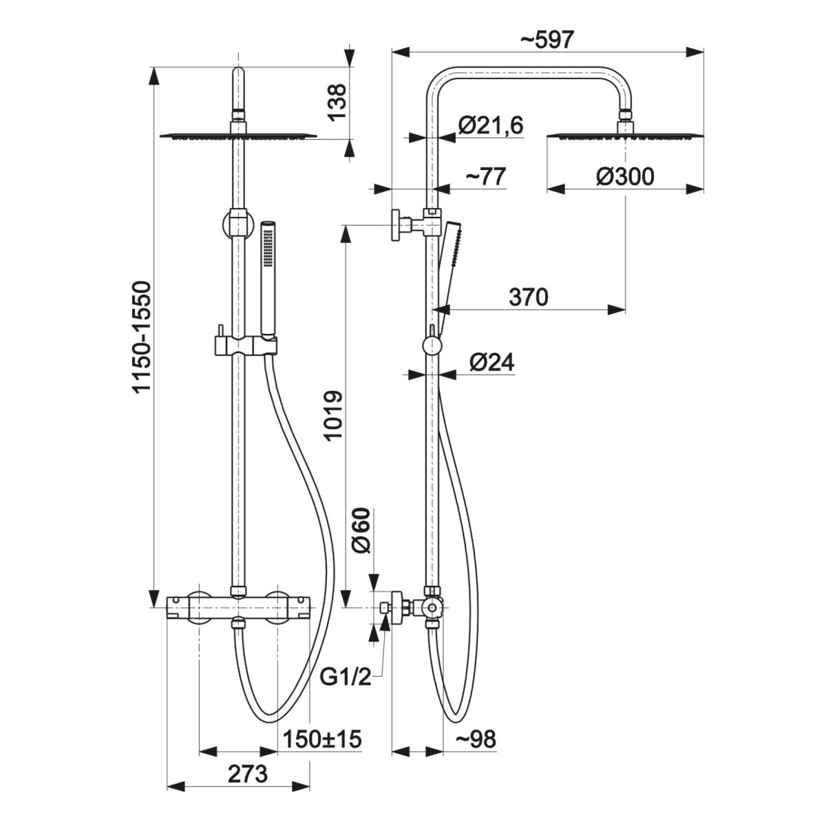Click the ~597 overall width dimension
click(x=547, y=40)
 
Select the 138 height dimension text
click(x=338, y=103)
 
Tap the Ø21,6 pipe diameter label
click(x=490, y=125)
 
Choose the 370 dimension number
click(x=528, y=297)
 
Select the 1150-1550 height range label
click(x=140, y=337)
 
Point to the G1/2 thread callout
click(x=346, y=679)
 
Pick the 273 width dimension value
click(x=247, y=774)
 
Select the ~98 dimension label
click(x=476, y=740)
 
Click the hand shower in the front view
click(x=267, y=275)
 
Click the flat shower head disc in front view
click(x=238, y=136)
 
